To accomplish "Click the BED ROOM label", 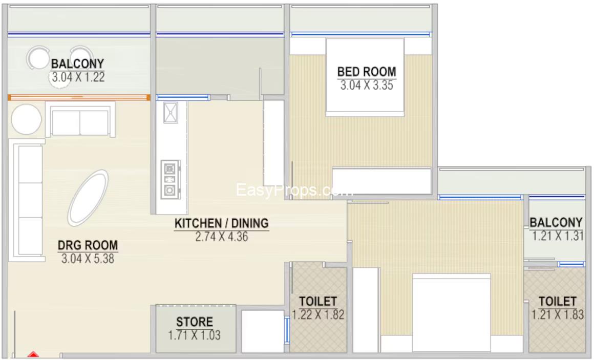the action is (366, 72).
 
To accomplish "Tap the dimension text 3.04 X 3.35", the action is (366, 85).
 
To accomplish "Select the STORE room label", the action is (195, 322).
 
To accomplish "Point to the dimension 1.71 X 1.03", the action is (195, 335).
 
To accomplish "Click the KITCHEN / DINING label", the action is (222, 223).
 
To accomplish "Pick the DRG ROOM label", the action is (88, 245).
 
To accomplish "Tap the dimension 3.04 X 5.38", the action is (88, 259).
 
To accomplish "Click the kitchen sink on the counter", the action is (171, 113).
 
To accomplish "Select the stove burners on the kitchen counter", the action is (169, 180).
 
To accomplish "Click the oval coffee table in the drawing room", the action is (88, 198).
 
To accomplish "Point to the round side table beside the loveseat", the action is (26, 119).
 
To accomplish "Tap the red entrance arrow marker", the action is (33, 355).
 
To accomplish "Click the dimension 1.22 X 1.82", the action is (318, 314).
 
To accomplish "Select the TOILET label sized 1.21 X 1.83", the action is (557, 302).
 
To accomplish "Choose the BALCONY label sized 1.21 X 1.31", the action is (556, 222).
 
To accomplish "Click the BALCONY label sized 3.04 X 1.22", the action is (77, 63).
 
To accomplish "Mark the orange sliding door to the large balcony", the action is (79, 98).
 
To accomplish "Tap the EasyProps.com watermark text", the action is (294, 190).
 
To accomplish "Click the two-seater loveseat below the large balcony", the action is (80, 119).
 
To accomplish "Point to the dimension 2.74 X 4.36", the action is (222, 237).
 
